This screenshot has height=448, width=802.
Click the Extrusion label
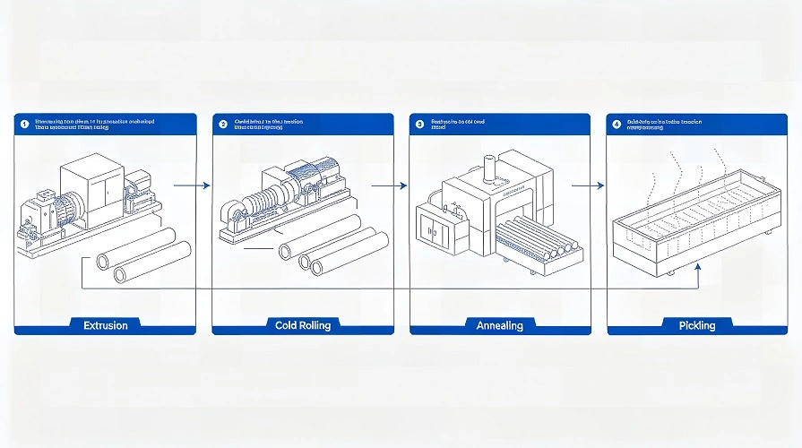(x=105, y=325)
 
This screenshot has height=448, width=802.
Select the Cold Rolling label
(x=303, y=325)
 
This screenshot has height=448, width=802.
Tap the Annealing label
(x=499, y=325)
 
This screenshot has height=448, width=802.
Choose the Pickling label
(x=696, y=325)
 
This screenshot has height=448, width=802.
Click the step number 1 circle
(x=25, y=125)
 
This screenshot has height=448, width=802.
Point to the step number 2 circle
(x=223, y=125)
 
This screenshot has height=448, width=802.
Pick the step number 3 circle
(x=419, y=125)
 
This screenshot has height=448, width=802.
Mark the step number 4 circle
(x=617, y=125)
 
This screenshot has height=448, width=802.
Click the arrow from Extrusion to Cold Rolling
(x=191, y=185)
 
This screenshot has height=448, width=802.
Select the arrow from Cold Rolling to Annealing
(x=389, y=185)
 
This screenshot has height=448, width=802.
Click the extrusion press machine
(x=85, y=202)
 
